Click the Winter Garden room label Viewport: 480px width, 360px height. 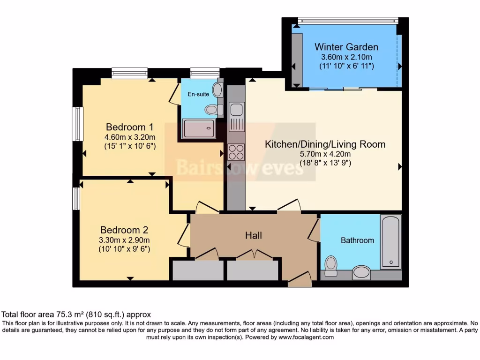pyautogui.click(x=346, y=47)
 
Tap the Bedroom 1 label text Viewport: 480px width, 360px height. pyautogui.click(x=129, y=127)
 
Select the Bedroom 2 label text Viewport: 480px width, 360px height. pyautogui.click(x=124, y=230)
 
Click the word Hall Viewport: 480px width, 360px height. pyautogui.click(x=253, y=235)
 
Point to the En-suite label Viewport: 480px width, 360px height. pyautogui.click(x=198, y=94)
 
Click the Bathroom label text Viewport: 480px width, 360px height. pyautogui.click(x=357, y=240)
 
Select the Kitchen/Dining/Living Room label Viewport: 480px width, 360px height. pyautogui.click(x=325, y=144)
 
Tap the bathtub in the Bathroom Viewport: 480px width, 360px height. pyautogui.click(x=390, y=242)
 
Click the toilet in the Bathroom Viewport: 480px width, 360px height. pyautogui.click(x=331, y=266)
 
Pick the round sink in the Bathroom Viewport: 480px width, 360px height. pyautogui.click(x=361, y=271)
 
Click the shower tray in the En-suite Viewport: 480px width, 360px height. pyautogui.click(x=199, y=128)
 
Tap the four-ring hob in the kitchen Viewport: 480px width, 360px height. pyautogui.click(x=236, y=152)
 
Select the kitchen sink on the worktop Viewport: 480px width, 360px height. pyautogui.click(x=236, y=110)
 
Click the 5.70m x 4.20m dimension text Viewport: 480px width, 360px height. pyautogui.click(x=325, y=154)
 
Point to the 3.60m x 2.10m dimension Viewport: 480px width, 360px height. pyautogui.click(x=346, y=57)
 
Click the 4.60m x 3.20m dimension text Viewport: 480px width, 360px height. pyautogui.click(x=129, y=137)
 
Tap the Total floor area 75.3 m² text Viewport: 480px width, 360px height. pyautogui.click(x=76, y=315)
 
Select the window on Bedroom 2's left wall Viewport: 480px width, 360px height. pyautogui.click(x=75, y=198)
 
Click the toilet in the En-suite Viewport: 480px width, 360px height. pyautogui.click(x=212, y=110)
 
